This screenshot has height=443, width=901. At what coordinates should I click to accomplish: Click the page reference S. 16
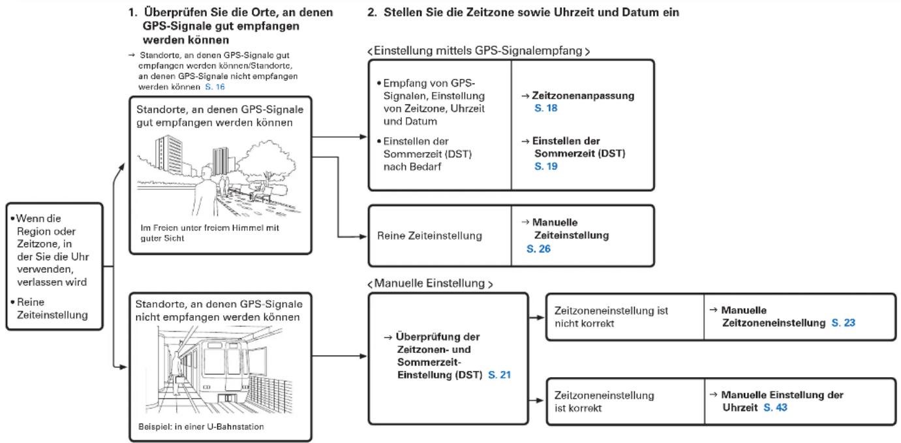[215, 87]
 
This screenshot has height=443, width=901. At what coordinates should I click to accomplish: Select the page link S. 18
[546, 108]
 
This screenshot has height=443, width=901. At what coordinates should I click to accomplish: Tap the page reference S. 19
[546, 166]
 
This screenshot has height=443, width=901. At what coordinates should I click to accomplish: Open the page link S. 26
[539, 249]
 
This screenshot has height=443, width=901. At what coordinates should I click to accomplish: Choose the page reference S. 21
[500, 375]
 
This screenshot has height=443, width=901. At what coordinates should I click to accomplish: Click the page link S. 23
[844, 323]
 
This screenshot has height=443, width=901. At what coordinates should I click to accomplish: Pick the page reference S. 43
[776, 408]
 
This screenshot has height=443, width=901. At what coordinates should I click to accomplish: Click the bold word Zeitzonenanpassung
[583, 96]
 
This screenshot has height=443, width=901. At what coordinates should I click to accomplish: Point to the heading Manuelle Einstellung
[429, 283]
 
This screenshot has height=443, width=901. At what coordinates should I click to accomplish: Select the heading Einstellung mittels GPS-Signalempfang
[478, 51]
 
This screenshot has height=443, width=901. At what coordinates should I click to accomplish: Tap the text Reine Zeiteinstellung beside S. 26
[429, 236]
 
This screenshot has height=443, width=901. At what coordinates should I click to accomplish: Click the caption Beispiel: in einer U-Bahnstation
[201, 427]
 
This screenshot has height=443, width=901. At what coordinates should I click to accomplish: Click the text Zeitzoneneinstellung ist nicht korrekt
[611, 317]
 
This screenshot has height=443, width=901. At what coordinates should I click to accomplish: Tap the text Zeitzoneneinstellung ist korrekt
[604, 401]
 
